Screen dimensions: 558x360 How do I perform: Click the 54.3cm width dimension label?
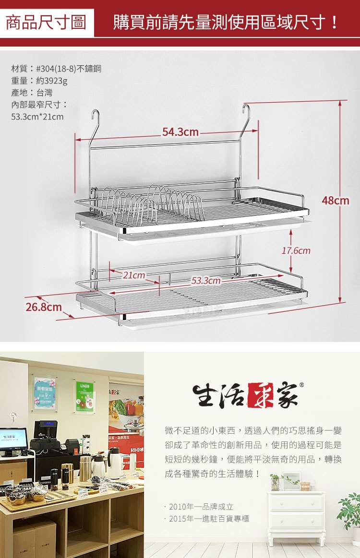coord(180,132)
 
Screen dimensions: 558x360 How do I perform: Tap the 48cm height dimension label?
coord(336,201)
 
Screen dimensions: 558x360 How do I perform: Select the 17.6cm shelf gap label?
coord(296,251)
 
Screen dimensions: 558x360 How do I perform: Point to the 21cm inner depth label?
coord(134,275)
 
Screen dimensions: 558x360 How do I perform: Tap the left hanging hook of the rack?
coord(94,120)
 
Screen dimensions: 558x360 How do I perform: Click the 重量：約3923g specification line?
coord(39,81)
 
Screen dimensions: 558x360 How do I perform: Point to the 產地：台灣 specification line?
coord(32,93)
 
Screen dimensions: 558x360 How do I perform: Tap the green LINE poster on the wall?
coord(84,396)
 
